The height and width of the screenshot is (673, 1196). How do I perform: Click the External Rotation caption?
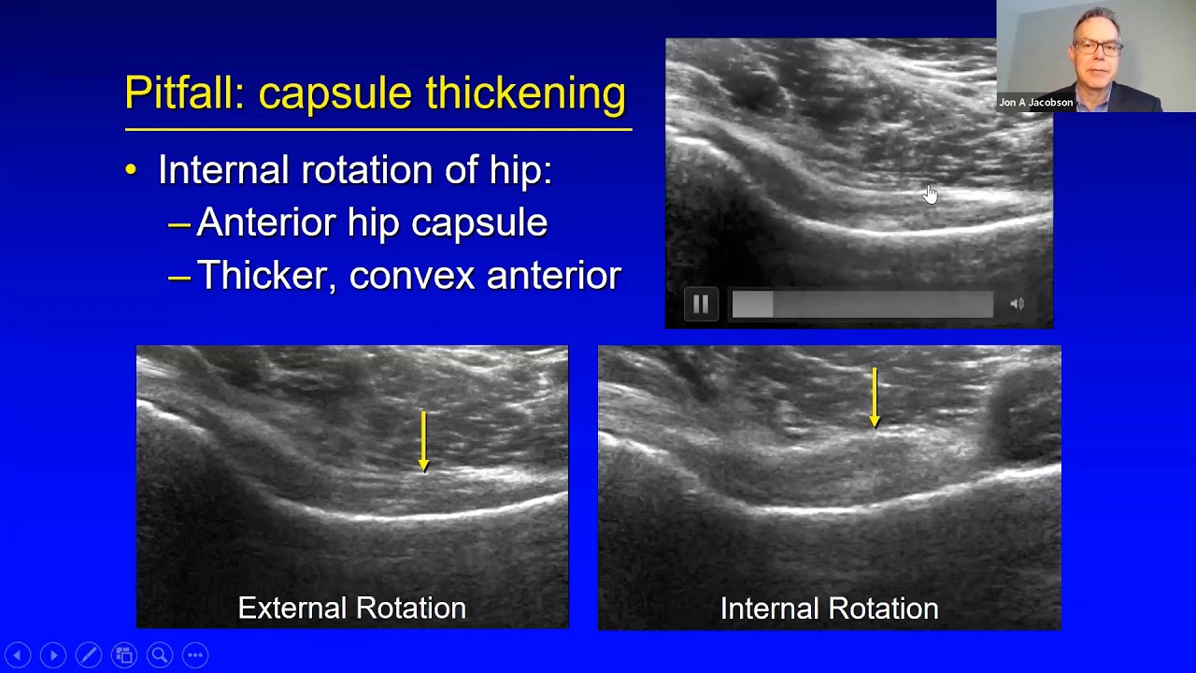click(351, 608)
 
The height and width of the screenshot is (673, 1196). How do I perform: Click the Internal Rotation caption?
click(829, 609)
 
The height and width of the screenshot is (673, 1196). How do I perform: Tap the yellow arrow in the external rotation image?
click(423, 440)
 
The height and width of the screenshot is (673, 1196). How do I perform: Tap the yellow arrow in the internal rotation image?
click(875, 397)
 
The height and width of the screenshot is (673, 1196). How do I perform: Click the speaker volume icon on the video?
click(1017, 304)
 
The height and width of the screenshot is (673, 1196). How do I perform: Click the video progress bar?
click(861, 304)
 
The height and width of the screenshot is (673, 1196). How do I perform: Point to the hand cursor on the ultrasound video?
click(930, 193)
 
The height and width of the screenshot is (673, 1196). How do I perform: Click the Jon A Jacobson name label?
click(1035, 103)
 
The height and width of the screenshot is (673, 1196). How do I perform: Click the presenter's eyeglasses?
click(1097, 47)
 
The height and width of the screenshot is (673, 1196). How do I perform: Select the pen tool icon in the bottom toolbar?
click(89, 655)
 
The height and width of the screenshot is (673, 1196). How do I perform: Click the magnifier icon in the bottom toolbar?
click(160, 655)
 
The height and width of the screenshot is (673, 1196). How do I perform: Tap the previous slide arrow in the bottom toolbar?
click(18, 655)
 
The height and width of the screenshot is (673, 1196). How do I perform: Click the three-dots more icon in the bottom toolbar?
click(195, 655)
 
